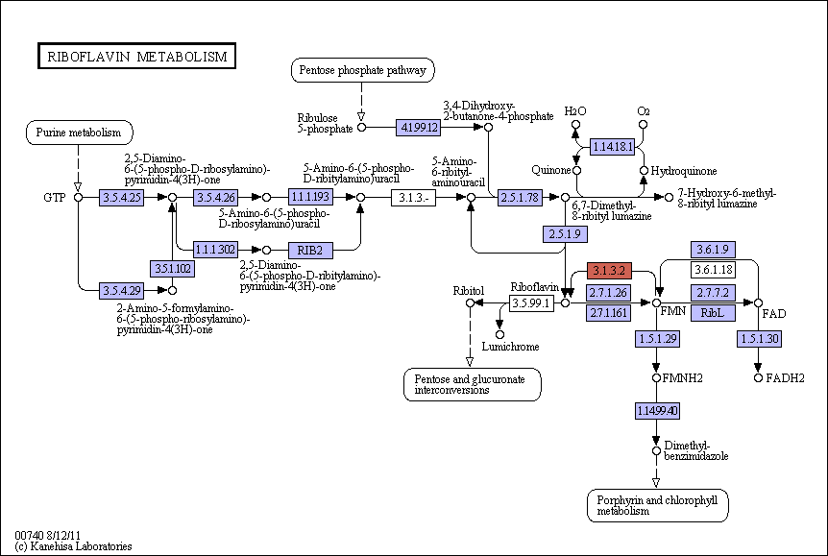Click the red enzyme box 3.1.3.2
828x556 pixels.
coord(609,271)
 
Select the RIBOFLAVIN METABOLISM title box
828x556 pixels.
coord(136,56)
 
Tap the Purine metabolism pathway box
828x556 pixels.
coord(79,133)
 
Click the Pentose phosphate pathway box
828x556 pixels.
coord(363,70)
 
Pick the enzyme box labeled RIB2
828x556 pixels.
coord(310,251)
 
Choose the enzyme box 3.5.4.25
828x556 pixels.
coord(121,198)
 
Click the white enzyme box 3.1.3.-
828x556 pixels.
coord(413,198)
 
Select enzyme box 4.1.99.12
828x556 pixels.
coord(418,128)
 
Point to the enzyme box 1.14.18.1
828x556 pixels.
coord(612,147)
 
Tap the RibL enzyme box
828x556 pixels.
coord(713,313)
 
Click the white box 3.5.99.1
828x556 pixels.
coord(532,303)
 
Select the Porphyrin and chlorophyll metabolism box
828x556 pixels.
coord(657,505)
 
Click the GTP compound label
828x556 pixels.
coord(55,198)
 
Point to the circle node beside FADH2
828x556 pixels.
coord(758,378)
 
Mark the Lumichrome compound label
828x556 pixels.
coord(511,347)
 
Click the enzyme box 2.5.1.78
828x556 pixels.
coord(520,198)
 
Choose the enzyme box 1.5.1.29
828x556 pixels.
coord(657,339)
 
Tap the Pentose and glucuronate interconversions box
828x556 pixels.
coord(472,384)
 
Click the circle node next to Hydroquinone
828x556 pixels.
coord(644,171)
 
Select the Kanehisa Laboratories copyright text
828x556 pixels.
coord(73,546)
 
